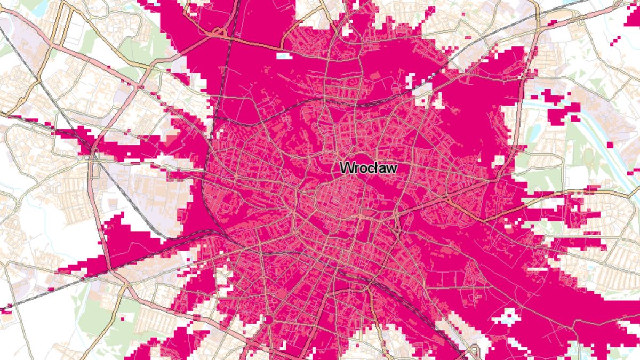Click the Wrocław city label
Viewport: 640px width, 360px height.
pyautogui.click(x=369, y=167)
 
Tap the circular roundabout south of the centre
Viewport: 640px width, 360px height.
pyautogui.click(x=268, y=319)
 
